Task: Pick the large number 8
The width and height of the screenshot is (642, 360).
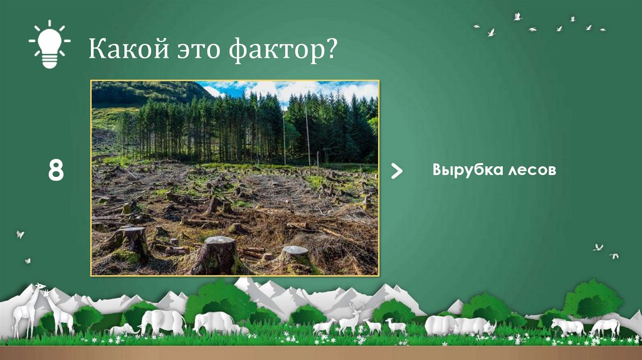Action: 56,171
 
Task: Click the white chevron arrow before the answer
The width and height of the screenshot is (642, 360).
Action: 397,171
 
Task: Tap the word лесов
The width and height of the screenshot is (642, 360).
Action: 529,171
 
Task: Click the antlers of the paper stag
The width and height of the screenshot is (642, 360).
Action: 357,306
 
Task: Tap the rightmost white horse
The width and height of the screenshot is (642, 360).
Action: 605,326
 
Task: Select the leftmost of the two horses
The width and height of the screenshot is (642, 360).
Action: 567,326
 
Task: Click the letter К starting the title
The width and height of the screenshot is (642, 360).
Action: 96,50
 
